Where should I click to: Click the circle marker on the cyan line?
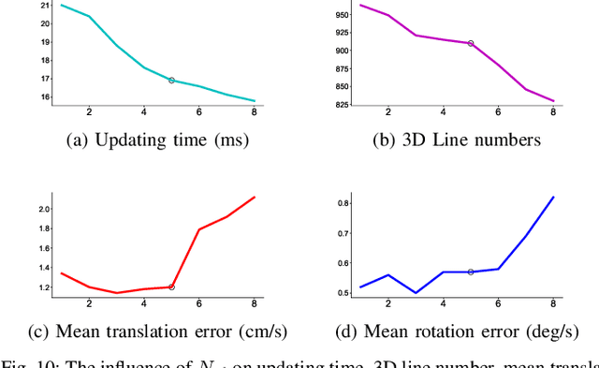[171, 81]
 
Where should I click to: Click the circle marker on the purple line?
[471, 43]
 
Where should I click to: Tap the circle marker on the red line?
[171, 287]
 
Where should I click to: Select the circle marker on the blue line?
[471, 272]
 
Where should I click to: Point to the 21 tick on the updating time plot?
[44, 6]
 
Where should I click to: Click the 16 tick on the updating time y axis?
[44, 96]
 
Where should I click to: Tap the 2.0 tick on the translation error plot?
[43, 208]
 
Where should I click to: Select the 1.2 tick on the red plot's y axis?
[43, 287]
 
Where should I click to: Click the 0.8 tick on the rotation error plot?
[343, 202]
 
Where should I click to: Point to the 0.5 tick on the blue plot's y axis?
[343, 292]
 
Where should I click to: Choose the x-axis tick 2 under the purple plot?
[388, 112]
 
